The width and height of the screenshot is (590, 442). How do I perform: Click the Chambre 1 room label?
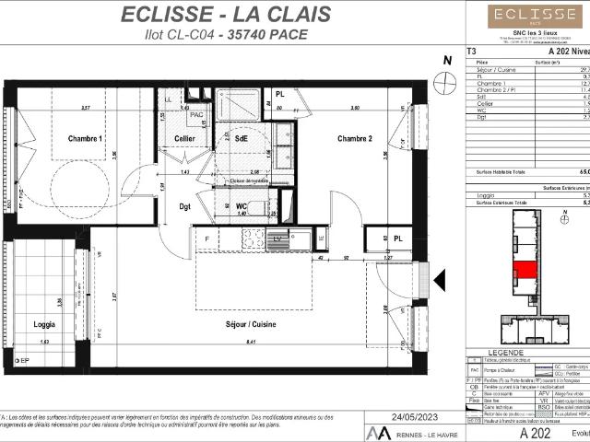(85, 138)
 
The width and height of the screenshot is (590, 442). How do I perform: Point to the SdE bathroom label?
(242, 138)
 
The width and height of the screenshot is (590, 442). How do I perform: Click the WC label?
(241, 205)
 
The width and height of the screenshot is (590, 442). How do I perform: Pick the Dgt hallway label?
(184, 206)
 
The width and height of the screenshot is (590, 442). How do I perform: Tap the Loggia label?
(43, 324)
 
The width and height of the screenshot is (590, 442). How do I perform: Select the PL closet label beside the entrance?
(398, 238)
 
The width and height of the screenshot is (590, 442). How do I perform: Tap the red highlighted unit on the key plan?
(523, 270)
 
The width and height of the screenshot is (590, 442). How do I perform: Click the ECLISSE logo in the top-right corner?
(522, 15)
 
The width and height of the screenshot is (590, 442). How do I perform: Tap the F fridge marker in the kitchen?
(207, 238)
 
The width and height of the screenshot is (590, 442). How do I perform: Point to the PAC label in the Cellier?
(195, 115)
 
